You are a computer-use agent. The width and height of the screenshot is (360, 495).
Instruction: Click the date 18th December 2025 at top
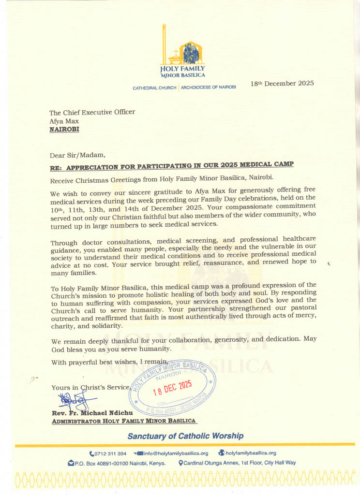pos(282,83)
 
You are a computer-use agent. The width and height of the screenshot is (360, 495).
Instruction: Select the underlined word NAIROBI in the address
pos(64,130)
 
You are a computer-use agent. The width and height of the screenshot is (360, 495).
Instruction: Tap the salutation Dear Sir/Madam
pos(77,155)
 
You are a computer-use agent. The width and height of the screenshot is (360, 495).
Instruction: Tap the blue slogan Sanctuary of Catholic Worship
pos(185,436)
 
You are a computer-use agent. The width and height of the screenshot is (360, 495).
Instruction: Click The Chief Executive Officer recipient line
pos(92,112)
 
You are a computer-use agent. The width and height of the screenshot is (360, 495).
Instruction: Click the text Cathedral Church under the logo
pos(155,88)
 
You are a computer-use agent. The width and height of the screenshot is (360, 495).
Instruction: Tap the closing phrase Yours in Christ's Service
pos(90,387)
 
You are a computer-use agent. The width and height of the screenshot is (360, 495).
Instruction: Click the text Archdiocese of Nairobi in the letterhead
pos(208,88)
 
